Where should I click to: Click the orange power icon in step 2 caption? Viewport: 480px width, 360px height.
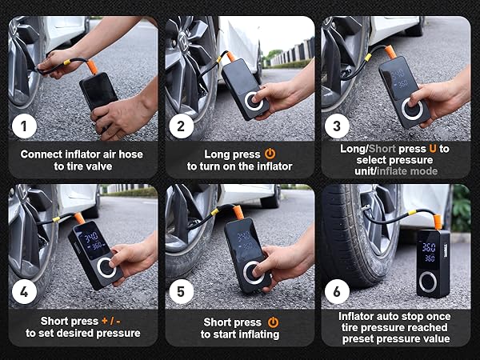(270, 152)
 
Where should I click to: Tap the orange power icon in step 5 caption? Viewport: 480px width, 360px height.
(272, 322)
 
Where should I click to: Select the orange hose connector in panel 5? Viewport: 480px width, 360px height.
(238, 214)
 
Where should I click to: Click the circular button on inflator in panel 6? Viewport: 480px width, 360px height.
(430, 282)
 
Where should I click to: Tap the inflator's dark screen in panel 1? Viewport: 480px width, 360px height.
(98, 90)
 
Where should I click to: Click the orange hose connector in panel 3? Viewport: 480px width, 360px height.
(390, 50)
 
